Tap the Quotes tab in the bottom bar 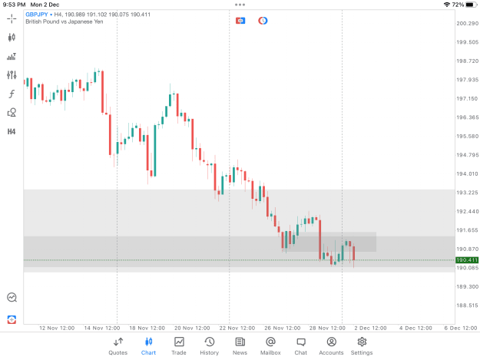(118, 346)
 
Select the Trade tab (179, 346)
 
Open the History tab (210, 346)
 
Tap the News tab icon (240, 342)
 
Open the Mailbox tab (270, 346)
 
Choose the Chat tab (300, 346)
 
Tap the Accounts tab (331, 346)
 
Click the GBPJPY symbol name (37, 15)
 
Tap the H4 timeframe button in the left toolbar (12, 131)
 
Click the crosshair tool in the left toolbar (12, 18)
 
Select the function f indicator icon (12, 94)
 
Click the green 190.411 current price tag (467, 260)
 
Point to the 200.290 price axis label (468, 23)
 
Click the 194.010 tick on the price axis (468, 173)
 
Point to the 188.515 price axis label (468, 306)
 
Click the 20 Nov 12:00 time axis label (192, 328)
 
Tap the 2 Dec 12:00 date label (370, 328)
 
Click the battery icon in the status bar (472, 5)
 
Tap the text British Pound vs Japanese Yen (65, 21)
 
